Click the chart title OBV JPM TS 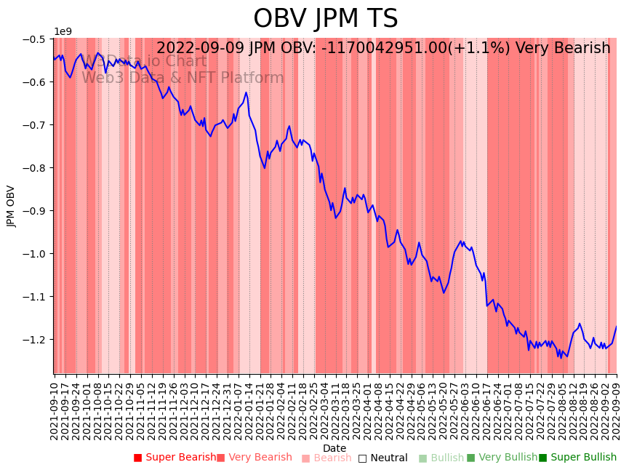(x=325, y=19)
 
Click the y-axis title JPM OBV (x=11, y=206)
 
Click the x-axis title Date (x=334, y=448)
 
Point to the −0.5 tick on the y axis (x=34, y=39)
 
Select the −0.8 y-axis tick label (x=34, y=167)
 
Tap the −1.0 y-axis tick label (x=34, y=253)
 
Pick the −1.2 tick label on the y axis (x=34, y=339)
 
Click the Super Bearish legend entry (x=175, y=458)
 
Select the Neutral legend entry (x=382, y=458)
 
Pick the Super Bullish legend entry (x=577, y=458)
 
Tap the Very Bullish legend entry (x=502, y=458)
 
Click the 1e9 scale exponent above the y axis (x=63, y=32)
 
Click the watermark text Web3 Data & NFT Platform (x=183, y=78)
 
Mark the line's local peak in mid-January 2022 (x=246, y=92)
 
